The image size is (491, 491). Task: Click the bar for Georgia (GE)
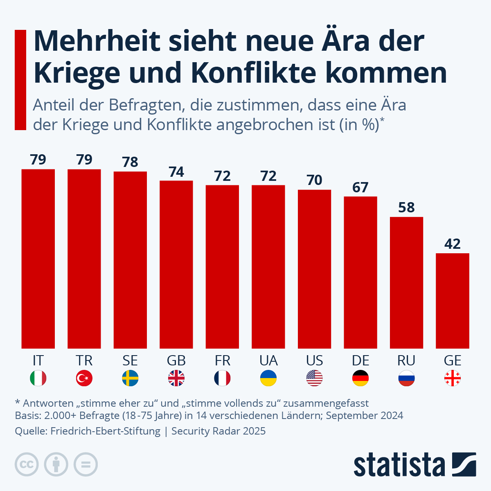click(452, 301)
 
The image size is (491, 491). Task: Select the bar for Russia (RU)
click(406, 282)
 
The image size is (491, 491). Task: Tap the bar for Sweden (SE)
click(130, 260)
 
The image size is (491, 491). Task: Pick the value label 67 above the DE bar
click(360, 187)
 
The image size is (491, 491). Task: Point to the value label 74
click(176, 172)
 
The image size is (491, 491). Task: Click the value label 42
click(452, 244)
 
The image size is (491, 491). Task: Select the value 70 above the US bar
click(314, 180)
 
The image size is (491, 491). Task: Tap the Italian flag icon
click(38, 378)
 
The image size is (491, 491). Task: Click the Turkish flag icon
click(84, 378)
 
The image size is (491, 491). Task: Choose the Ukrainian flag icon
click(268, 378)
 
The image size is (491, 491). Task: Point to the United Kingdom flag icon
click(176, 378)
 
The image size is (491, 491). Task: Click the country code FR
click(222, 360)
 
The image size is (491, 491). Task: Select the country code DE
click(360, 360)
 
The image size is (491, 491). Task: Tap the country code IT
click(38, 360)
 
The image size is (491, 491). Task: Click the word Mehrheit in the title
click(97, 41)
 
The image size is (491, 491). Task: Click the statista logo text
click(399, 465)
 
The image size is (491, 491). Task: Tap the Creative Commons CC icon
click(27, 464)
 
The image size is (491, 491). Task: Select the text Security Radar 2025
click(218, 431)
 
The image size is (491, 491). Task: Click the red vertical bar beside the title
click(20, 80)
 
